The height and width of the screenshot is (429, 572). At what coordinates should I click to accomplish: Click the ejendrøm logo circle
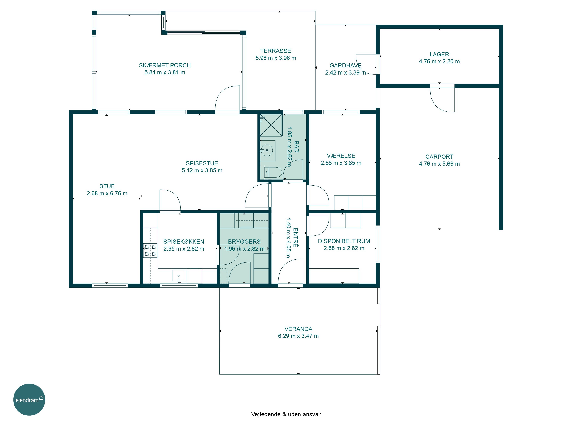pos(29,399)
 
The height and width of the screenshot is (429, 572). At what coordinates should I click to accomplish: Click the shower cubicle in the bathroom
pos(271,125)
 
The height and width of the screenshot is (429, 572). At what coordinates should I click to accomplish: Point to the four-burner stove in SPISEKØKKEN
pos(150,251)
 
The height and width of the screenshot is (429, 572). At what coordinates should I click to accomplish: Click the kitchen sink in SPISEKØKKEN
pos(179,275)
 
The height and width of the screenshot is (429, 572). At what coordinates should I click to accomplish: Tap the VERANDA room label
pos(298,329)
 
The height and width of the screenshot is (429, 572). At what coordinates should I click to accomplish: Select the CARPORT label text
pos(439,157)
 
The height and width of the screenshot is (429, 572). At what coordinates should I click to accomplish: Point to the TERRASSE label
pos(276,51)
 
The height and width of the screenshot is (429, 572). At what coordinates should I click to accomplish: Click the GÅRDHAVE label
pos(345,65)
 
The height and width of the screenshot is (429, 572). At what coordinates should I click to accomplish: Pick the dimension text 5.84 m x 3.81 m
pos(165,73)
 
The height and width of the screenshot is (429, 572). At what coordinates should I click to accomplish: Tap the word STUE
pos(107,186)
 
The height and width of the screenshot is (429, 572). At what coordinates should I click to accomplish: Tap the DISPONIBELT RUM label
pos(344,241)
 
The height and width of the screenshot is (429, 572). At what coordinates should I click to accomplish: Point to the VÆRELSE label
pos(341,156)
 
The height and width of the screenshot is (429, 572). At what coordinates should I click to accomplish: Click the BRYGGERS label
pos(244,242)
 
